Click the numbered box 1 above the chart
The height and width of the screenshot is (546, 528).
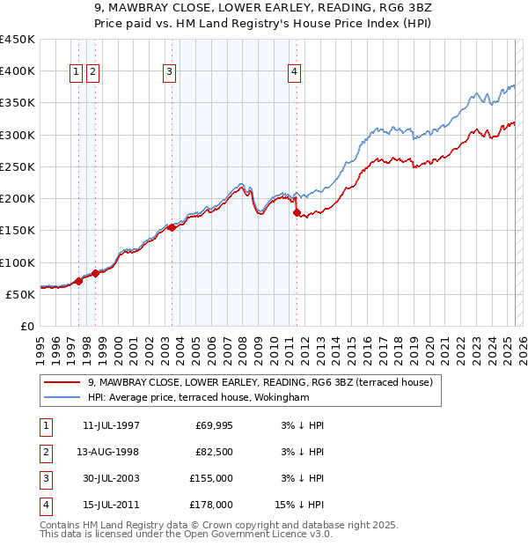point(77,73)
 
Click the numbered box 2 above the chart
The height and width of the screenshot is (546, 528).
point(92,73)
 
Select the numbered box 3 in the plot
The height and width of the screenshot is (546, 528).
point(169,73)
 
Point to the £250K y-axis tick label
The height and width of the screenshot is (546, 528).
point(18,166)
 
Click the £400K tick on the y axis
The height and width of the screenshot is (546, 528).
point(18,70)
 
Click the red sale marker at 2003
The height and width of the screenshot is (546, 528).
point(172,227)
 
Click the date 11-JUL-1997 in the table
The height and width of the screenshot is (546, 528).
point(110,426)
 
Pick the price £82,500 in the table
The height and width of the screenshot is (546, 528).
point(213,452)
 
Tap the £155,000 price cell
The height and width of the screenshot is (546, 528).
point(211,478)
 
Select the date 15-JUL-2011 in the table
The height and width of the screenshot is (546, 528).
point(110,505)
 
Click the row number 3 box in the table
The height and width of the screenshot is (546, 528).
point(44,478)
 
